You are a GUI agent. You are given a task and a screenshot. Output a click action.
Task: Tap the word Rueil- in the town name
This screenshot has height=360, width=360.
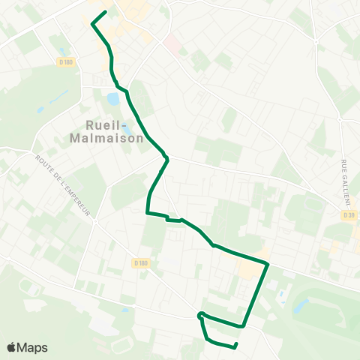[x=108, y=125]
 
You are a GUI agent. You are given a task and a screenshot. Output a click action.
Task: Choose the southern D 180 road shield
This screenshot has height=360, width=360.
[x=141, y=262]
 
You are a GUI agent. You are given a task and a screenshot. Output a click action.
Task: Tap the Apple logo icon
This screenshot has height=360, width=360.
[x=12, y=347]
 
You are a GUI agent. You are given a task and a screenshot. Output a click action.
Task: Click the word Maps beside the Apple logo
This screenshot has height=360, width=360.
[x=32, y=347]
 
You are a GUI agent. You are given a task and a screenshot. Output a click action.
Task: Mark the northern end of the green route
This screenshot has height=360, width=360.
[x=105, y=11]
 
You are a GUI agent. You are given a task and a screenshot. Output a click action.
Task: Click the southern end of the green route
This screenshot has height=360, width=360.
[x=236, y=344]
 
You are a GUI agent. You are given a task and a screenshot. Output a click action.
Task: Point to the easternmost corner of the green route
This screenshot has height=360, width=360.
[x=268, y=263]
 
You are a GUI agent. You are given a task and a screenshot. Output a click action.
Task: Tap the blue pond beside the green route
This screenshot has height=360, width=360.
[x=113, y=98]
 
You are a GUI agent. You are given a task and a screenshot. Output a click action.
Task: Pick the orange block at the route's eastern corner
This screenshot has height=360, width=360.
[x=247, y=267]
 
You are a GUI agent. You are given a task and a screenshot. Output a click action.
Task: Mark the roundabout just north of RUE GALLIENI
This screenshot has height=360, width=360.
[x=340, y=118]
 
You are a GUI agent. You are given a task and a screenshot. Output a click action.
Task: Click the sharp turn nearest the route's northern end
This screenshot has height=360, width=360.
[x=92, y=24]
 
